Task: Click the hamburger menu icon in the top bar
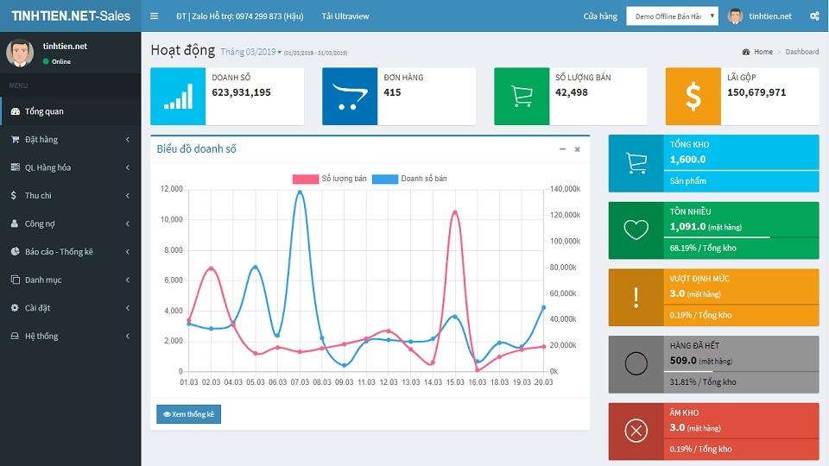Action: point(154,16)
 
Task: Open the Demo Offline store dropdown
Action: point(672,16)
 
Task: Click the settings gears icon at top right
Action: point(814,16)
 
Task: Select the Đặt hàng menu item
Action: point(41,140)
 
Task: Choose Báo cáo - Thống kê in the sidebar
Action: point(59,252)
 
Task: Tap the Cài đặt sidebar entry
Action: point(37,308)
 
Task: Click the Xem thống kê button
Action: point(189,414)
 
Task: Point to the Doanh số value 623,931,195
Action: point(241,92)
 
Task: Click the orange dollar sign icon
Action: point(693,97)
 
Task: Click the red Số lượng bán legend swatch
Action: point(305,179)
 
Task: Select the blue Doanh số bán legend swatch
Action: point(385,179)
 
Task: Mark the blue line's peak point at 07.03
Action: point(300,192)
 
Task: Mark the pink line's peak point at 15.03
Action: point(455,212)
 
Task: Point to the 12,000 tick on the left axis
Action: point(172,189)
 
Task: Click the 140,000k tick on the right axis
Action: point(565,189)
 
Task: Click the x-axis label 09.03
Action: point(345,382)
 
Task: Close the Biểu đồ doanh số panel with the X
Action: point(578,149)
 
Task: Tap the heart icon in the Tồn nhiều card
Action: point(636,230)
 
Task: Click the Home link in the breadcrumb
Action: point(763,52)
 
